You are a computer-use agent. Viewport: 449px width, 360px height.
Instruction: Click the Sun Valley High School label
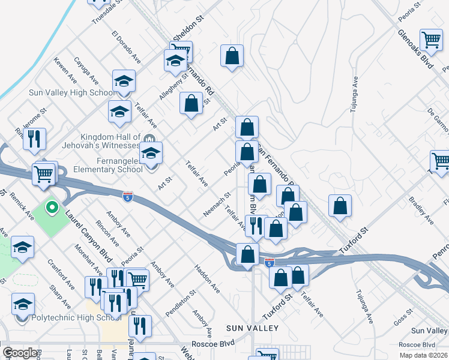(x=72, y=92)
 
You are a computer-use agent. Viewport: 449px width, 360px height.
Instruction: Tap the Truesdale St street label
(x=110, y=11)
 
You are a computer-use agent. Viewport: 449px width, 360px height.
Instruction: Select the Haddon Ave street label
(x=206, y=280)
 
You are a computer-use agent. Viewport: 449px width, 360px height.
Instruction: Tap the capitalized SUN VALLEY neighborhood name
(x=253, y=328)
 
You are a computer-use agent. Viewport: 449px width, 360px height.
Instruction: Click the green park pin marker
(x=52, y=208)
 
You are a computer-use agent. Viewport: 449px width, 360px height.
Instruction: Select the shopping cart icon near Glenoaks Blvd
(x=431, y=41)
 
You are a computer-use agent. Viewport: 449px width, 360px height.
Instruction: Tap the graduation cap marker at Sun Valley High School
(x=124, y=81)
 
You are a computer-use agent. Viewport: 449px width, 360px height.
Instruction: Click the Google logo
(x=20, y=353)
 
